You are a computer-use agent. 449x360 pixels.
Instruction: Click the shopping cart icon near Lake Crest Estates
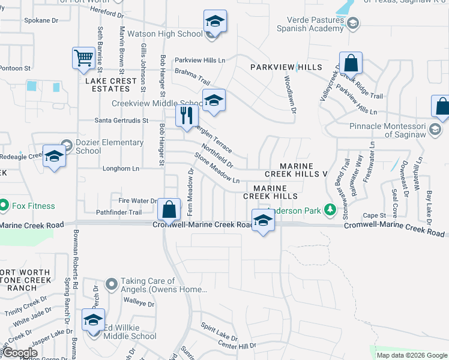click(x=84, y=58)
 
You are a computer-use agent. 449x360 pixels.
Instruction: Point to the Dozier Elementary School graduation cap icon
click(x=54, y=156)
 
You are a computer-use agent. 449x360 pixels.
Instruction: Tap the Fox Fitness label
click(x=34, y=206)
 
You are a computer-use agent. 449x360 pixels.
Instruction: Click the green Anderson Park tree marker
click(x=329, y=210)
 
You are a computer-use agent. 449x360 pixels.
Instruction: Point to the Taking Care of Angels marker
click(x=111, y=283)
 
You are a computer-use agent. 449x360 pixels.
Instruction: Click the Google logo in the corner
click(x=20, y=353)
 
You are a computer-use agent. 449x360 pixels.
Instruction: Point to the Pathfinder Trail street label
click(x=119, y=212)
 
